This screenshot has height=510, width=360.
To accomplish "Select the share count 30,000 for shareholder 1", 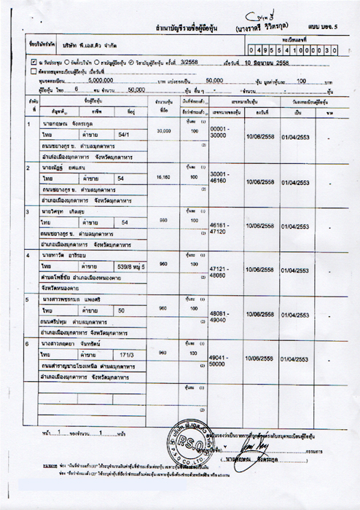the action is coord(163,131).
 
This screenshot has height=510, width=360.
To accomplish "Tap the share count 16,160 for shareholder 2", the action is coord(163,177).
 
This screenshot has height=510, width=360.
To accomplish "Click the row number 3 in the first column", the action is coord(27,211).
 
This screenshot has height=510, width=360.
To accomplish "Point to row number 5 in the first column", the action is coord(27,299).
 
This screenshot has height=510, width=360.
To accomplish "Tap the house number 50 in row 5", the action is coord(122,310).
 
